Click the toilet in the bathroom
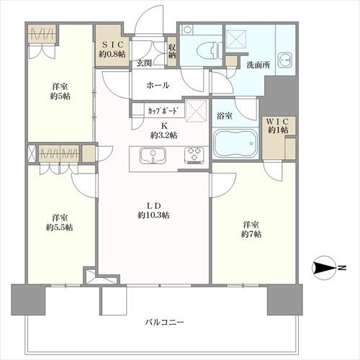(208, 51)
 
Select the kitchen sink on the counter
(153, 156)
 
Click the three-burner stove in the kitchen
(194, 156)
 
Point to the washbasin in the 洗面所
(285, 60)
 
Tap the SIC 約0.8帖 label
(112, 49)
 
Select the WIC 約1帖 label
(278, 125)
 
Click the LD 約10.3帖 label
(153, 210)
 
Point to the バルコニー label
(165, 322)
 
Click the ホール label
(158, 85)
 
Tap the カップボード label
(163, 111)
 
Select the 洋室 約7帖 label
(251, 230)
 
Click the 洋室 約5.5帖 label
(60, 222)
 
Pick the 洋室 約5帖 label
(60, 91)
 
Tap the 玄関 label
(144, 63)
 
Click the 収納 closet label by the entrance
(172, 51)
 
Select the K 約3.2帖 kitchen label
(164, 130)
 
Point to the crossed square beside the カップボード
(197, 111)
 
